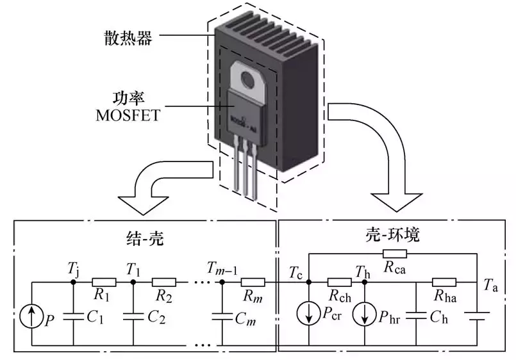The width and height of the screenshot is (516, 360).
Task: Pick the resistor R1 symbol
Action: pos(103,282)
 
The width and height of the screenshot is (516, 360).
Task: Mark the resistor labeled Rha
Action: pos(444,282)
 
